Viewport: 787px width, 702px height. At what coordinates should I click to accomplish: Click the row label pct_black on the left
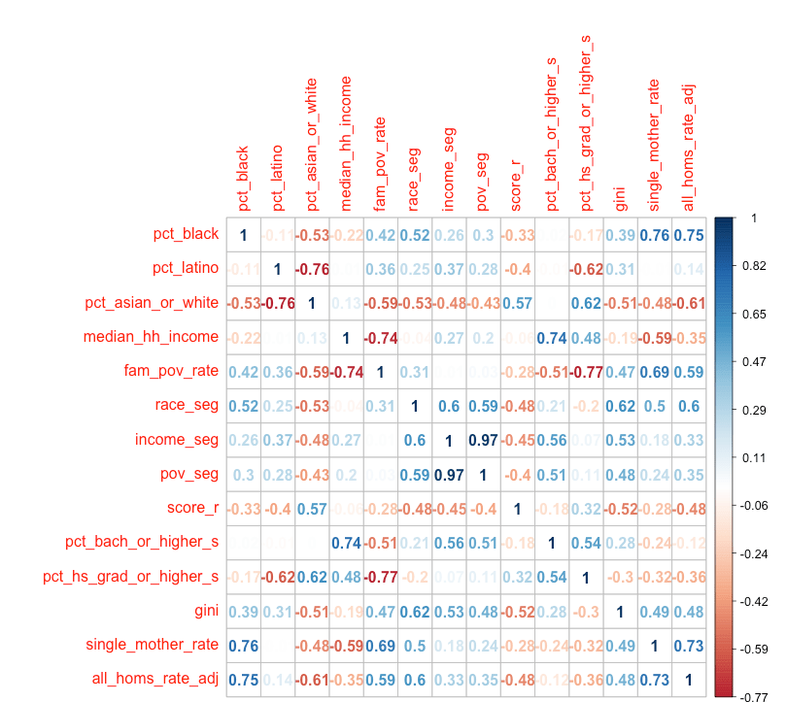[186, 234]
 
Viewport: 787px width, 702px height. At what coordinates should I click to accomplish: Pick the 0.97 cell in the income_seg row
[483, 440]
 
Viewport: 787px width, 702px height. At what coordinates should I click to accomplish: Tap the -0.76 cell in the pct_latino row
[312, 269]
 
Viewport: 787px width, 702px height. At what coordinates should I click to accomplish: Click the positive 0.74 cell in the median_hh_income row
[551, 338]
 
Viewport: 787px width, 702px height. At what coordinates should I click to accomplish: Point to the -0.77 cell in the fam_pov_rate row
[585, 372]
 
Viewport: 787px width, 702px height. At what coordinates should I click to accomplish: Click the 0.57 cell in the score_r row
[517, 303]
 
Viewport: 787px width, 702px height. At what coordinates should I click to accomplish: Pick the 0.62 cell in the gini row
[415, 611]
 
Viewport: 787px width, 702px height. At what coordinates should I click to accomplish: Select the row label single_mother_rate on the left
[153, 646]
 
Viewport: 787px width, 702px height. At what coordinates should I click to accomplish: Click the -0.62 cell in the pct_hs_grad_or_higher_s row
[278, 577]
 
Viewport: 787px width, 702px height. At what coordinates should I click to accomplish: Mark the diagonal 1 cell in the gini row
[619, 611]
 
